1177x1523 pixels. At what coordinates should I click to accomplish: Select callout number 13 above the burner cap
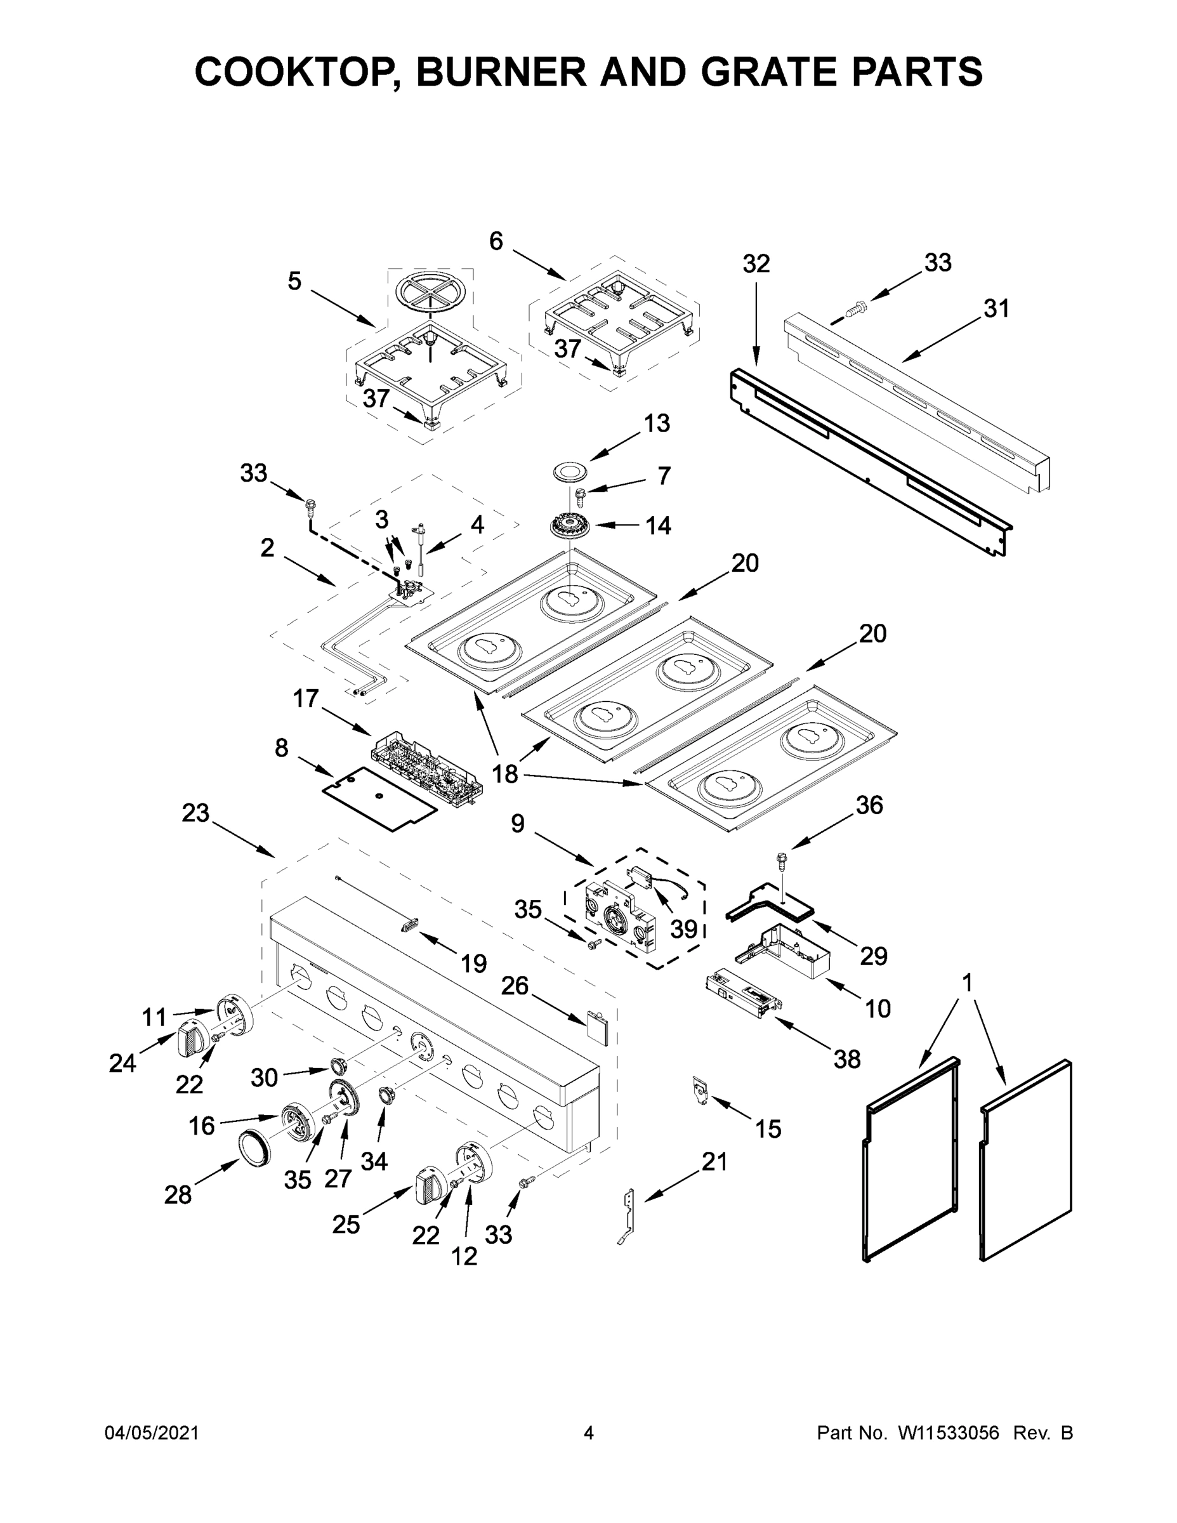[x=656, y=423]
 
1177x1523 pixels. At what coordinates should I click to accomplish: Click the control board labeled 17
[x=428, y=767]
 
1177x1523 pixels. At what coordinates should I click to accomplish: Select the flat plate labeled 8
[x=380, y=798]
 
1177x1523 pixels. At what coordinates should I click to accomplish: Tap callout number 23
[x=195, y=812]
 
